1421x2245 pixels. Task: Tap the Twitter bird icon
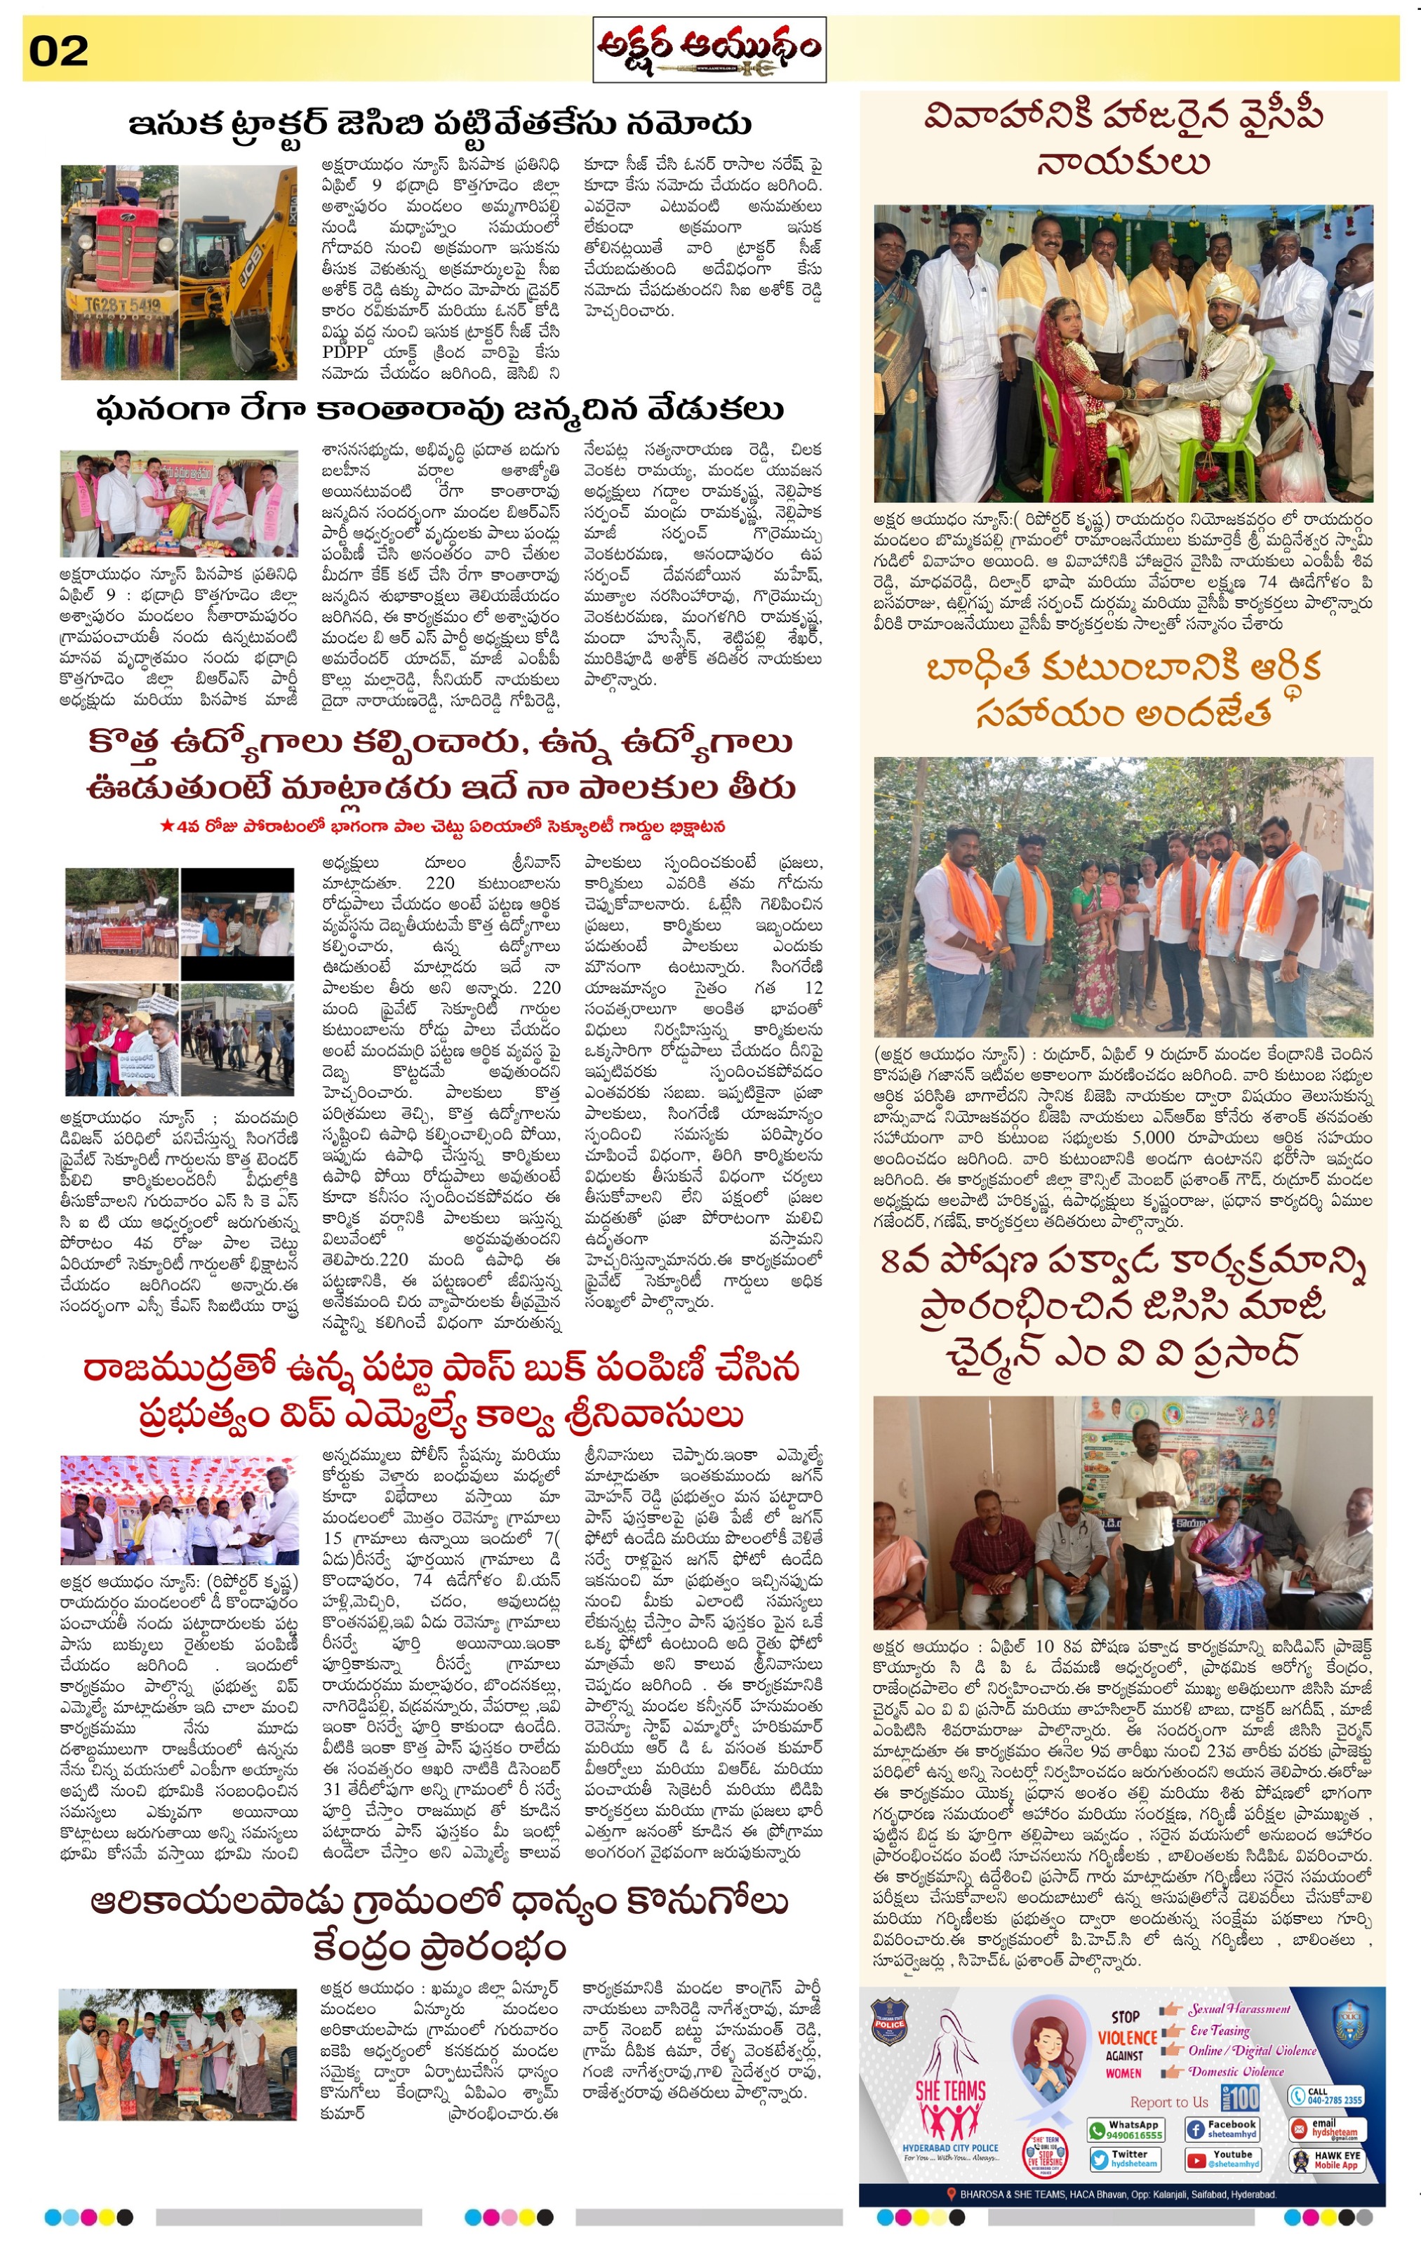pos(1100,2159)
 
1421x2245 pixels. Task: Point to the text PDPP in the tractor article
pos(345,352)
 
